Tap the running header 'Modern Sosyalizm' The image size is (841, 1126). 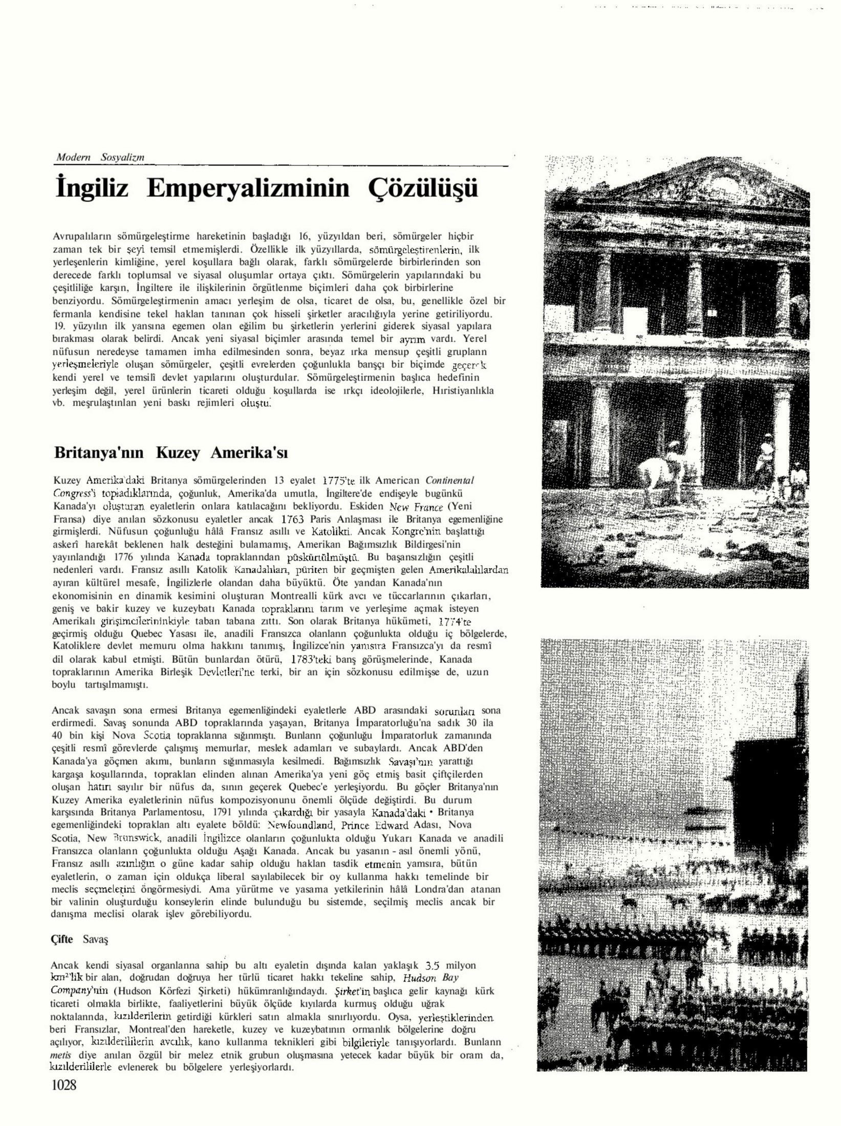point(100,158)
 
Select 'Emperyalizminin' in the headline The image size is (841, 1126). point(248,189)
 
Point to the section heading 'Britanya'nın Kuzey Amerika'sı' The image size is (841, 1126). point(171,453)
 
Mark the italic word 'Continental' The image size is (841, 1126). point(449,481)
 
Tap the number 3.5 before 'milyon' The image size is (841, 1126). point(433,966)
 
